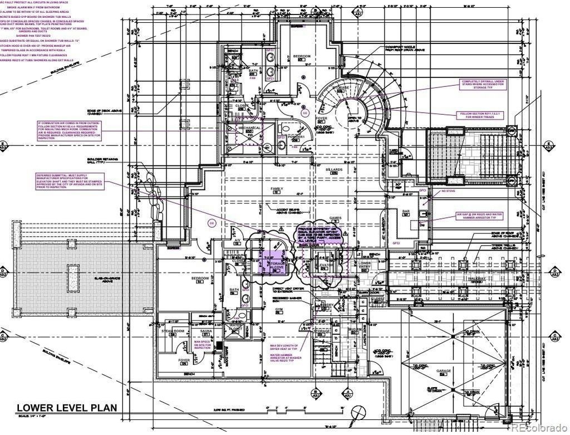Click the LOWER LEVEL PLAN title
point(66,408)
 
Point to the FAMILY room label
point(277,189)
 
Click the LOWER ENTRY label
point(365,265)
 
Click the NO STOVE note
point(448,190)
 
